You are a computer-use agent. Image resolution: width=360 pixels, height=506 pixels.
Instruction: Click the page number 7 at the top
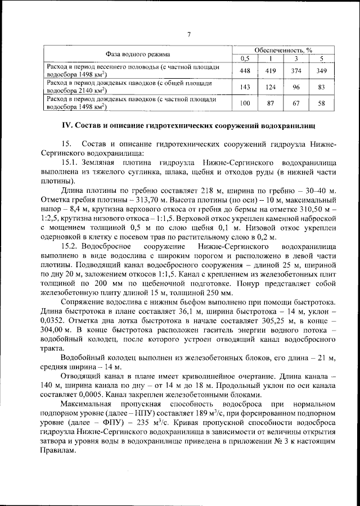coord(189,35)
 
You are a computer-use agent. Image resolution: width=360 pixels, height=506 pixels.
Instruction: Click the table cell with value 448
coord(245,71)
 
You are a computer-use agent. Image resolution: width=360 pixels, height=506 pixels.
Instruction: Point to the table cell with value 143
coord(245,87)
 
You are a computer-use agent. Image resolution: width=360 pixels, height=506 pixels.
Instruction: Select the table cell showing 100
coord(245,103)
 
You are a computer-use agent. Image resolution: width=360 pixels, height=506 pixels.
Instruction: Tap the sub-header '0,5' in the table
coord(245,58)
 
